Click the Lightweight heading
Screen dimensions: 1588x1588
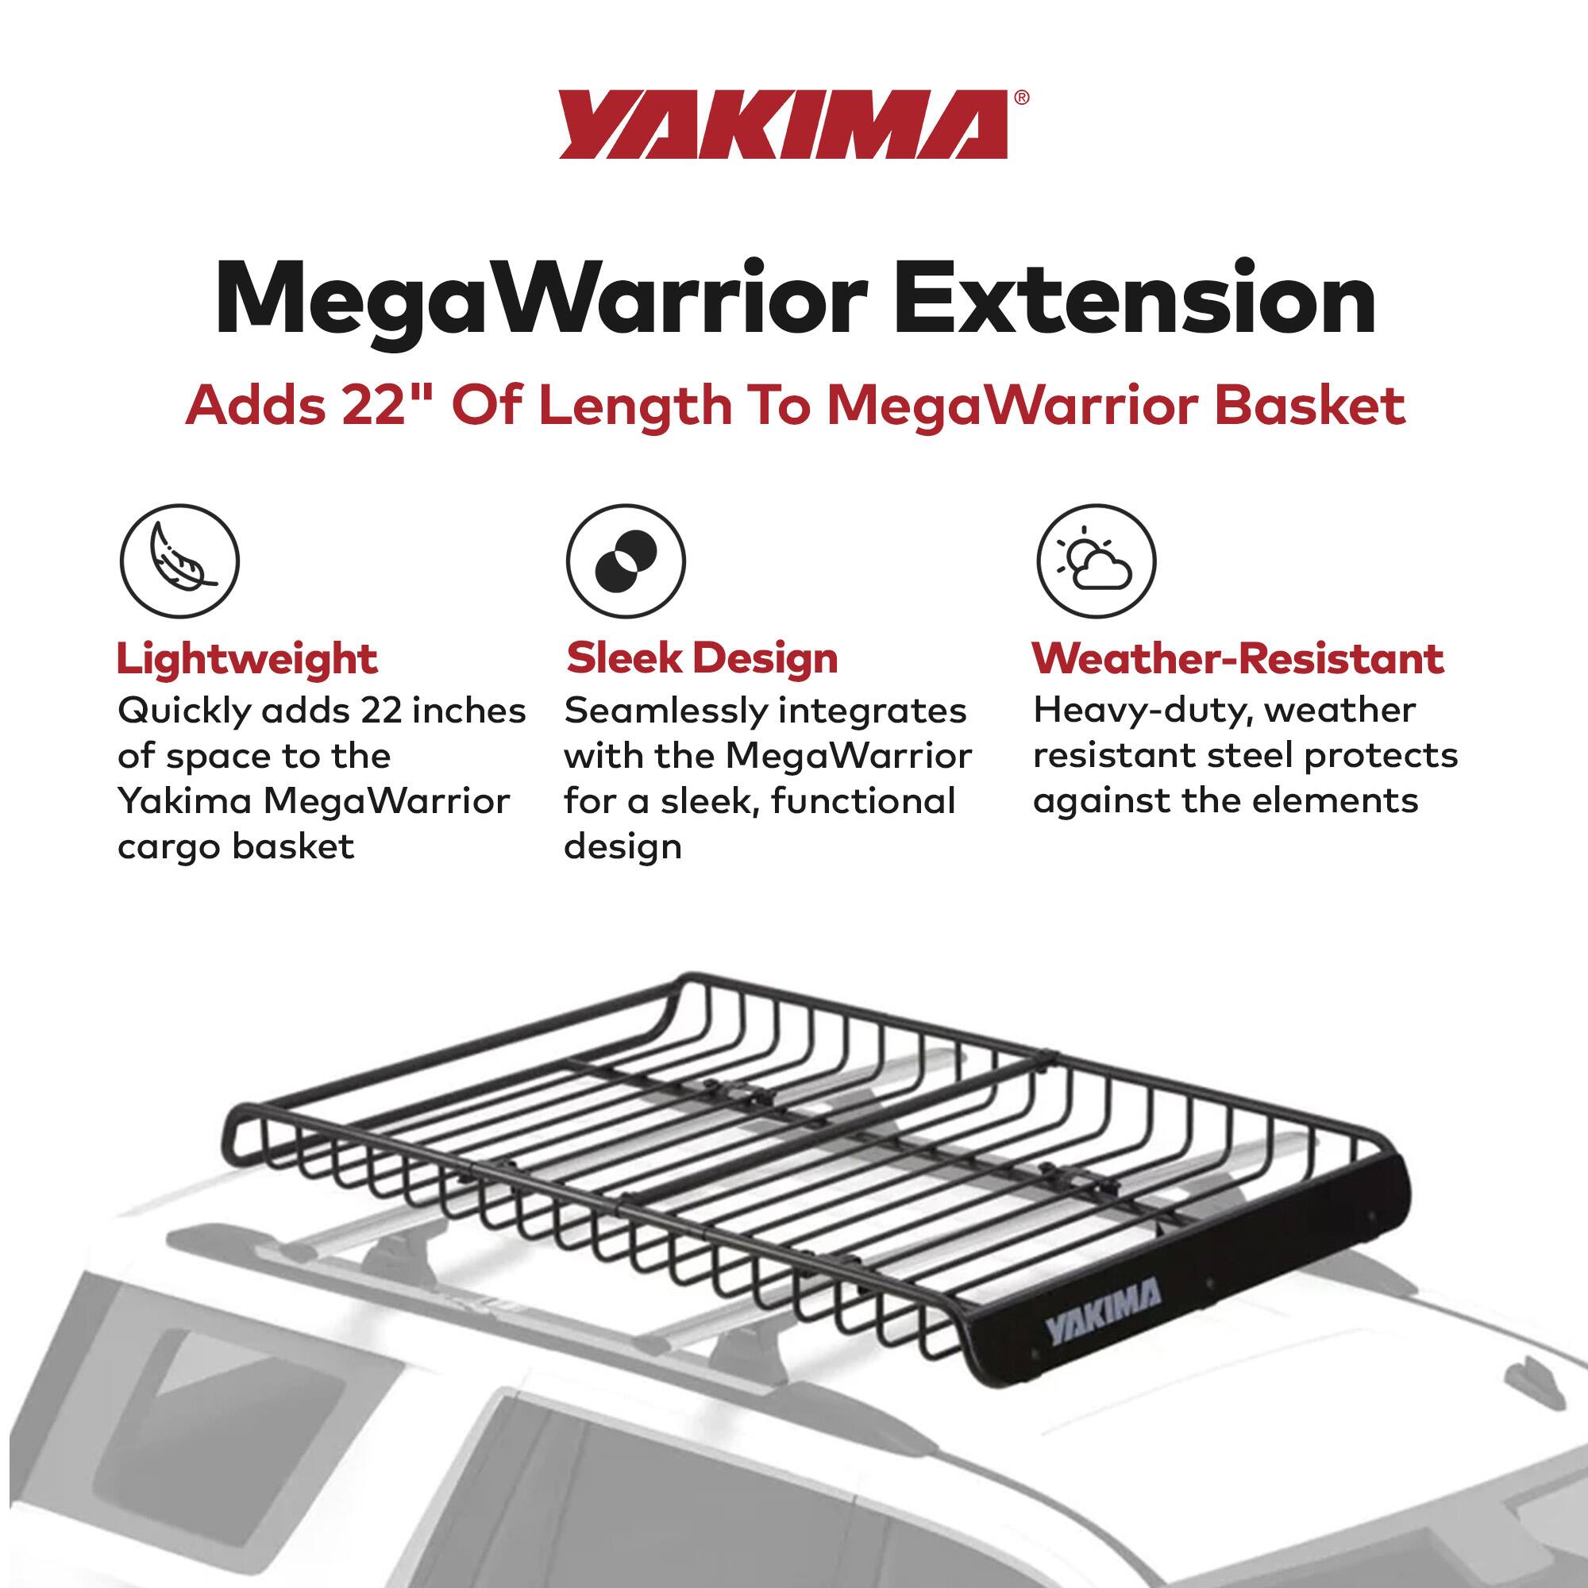[x=247, y=659]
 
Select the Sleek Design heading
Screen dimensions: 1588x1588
[x=702, y=658]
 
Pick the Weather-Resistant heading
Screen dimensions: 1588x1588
[x=1237, y=658]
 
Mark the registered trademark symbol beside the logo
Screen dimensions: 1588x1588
[x=1022, y=97]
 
